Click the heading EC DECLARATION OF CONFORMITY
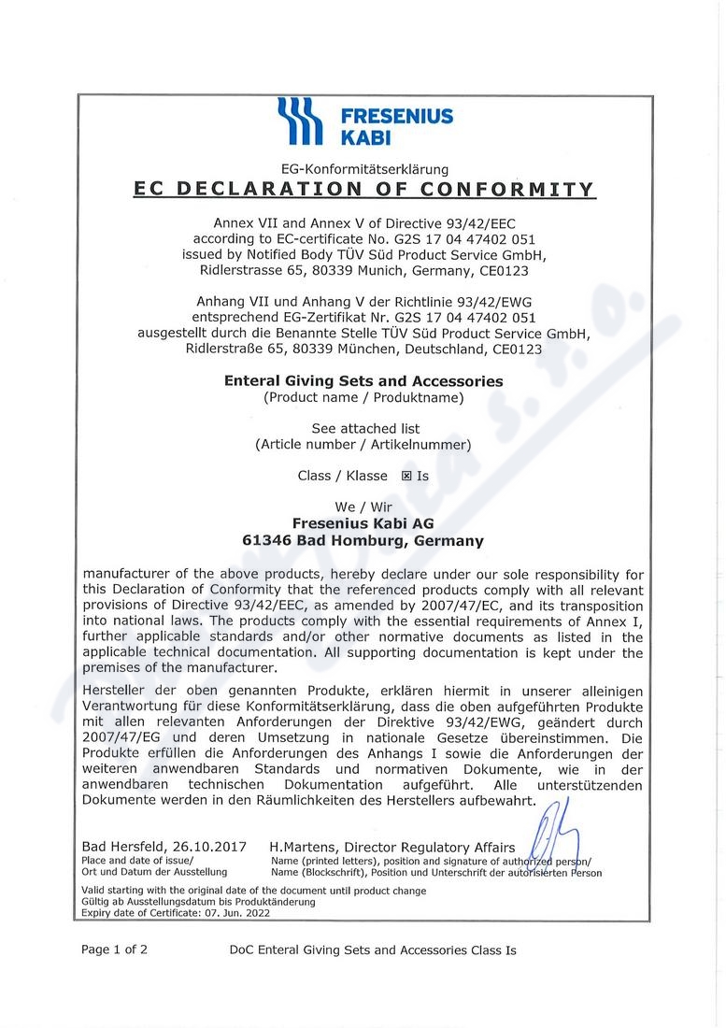364,189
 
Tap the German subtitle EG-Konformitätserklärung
365,169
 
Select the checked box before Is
406,476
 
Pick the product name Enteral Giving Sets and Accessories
363,381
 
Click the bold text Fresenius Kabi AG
363,523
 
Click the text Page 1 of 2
114,949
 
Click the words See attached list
364,429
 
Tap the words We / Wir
363,507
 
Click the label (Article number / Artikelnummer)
363,445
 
